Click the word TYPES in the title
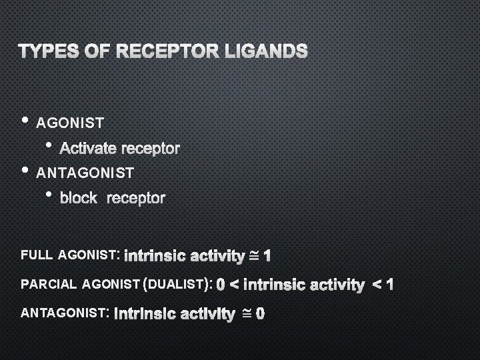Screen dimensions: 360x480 [45, 51]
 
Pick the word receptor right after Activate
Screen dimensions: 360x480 [153, 148]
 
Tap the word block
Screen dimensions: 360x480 [78, 198]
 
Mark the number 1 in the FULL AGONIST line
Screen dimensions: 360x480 [267, 255]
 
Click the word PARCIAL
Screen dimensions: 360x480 [49, 285]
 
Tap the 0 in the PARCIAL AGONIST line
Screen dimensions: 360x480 [221, 285]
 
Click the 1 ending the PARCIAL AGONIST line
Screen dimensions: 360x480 [390, 285]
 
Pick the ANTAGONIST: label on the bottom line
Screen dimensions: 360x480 [65, 312]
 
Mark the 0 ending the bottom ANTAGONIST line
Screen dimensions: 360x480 [260, 313]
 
